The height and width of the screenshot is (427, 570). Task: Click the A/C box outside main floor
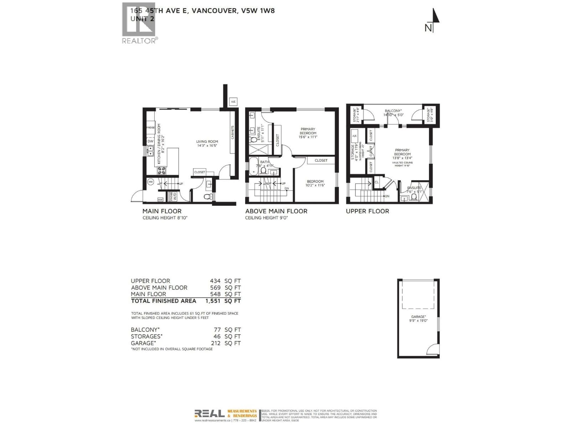(x=233, y=102)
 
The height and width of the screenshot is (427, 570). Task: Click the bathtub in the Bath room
(x=253, y=166)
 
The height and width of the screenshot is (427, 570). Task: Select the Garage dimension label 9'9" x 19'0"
(x=418, y=319)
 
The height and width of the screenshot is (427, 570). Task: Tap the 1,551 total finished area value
(x=213, y=301)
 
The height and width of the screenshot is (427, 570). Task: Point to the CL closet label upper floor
(x=376, y=182)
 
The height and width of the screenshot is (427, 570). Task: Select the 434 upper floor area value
(x=215, y=281)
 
